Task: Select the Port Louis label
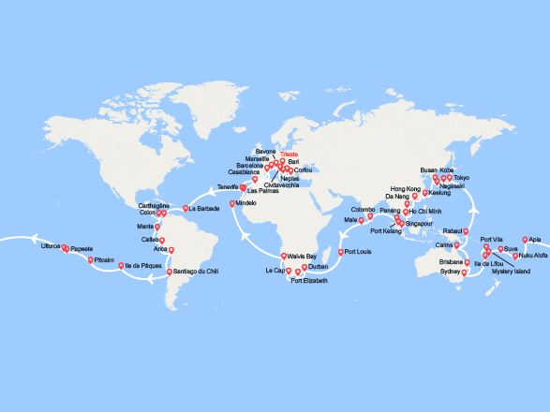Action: tap(357, 252)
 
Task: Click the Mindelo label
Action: tap(246, 203)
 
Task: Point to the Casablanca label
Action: tap(243, 172)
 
